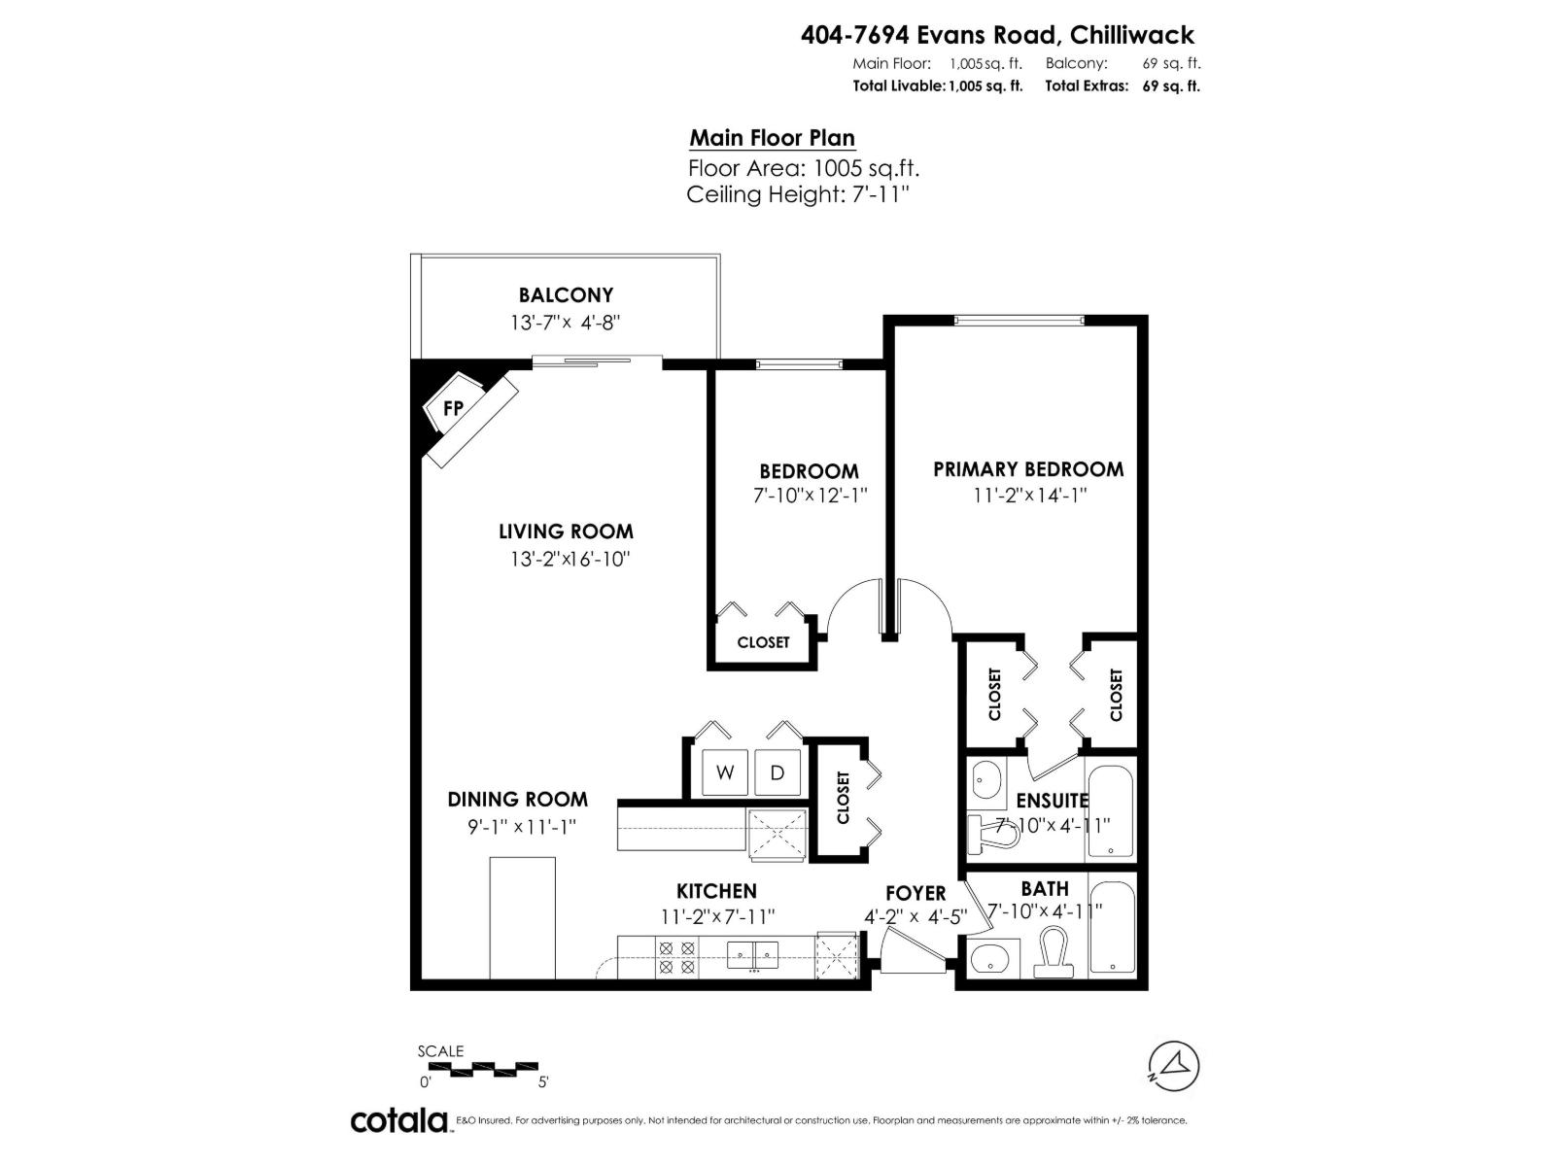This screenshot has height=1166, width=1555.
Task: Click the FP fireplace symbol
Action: pyautogui.click(x=453, y=409)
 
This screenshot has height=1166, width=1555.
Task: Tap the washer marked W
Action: pyautogui.click(x=725, y=773)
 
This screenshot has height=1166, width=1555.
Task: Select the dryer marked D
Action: pyautogui.click(x=777, y=773)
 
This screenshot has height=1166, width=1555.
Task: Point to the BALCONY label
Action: pyautogui.click(x=566, y=294)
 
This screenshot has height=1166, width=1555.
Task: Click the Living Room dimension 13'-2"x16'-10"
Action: pyautogui.click(x=566, y=559)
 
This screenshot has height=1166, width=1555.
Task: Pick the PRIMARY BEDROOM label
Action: pyautogui.click(x=1028, y=469)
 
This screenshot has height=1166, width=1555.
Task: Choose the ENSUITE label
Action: pyautogui.click(x=1052, y=801)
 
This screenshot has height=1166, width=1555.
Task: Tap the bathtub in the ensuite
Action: pyautogui.click(x=1110, y=811)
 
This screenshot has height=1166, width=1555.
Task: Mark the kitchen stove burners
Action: pyautogui.click(x=676, y=957)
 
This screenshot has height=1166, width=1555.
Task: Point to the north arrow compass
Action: pyautogui.click(x=1174, y=1065)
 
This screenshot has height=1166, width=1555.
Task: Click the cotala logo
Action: pyautogui.click(x=398, y=1120)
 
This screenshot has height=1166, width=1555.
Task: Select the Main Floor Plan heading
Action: pyautogui.click(x=772, y=138)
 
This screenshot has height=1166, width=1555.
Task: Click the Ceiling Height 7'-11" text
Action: pyautogui.click(x=797, y=194)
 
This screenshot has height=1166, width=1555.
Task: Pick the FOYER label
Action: pyautogui.click(x=916, y=893)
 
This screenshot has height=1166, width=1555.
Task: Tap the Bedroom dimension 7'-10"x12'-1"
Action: pyautogui.click(x=810, y=495)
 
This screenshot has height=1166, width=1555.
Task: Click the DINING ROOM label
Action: pyautogui.click(x=517, y=800)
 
